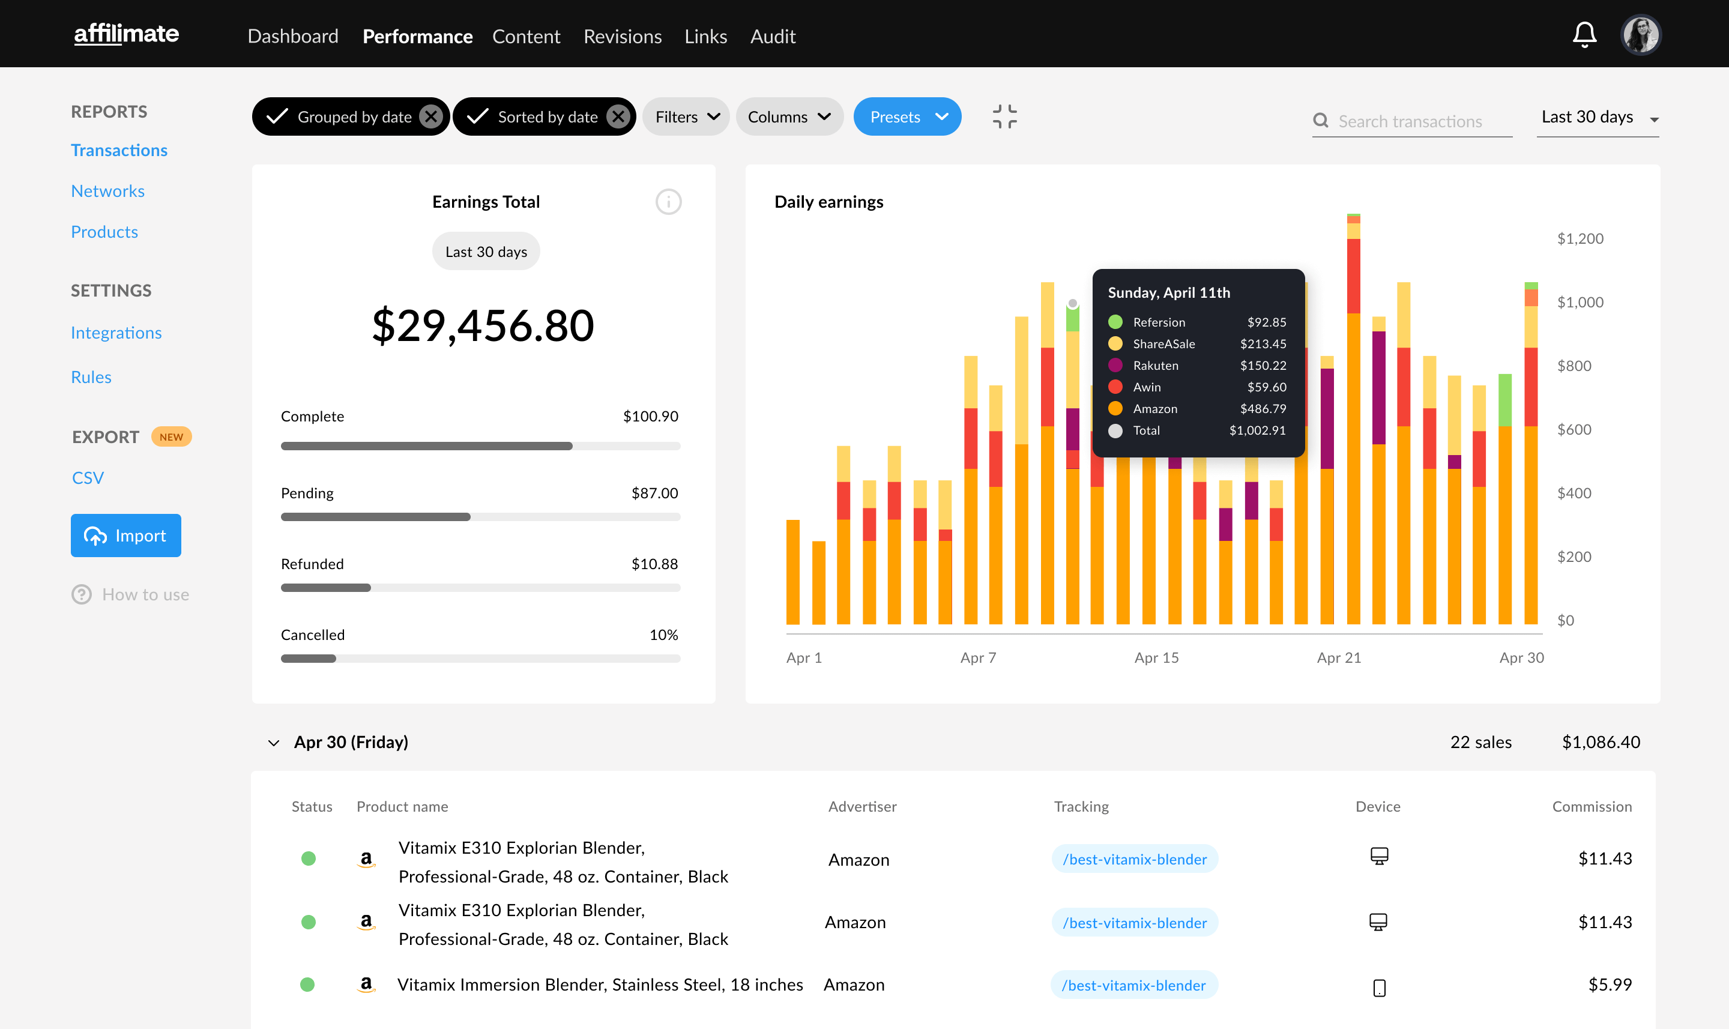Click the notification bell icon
click(1584, 35)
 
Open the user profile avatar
click(1640, 35)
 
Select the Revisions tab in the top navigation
click(622, 36)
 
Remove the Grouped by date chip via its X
click(431, 116)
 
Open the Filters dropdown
click(686, 116)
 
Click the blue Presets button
click(907, 116)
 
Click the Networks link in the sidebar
click(107, 191)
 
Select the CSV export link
click(88, 478)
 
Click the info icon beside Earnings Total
click(668, 202)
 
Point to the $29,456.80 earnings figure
click(483, 325)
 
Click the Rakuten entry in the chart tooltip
click(1155, 366)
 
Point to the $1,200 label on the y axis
click(1580, 238)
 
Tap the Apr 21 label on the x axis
click(1339, 657)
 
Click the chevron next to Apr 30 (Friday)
click(274, 743)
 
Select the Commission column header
click(1591, 806)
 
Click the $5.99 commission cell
click(1609, 985)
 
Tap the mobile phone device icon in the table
click(1379, 988)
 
